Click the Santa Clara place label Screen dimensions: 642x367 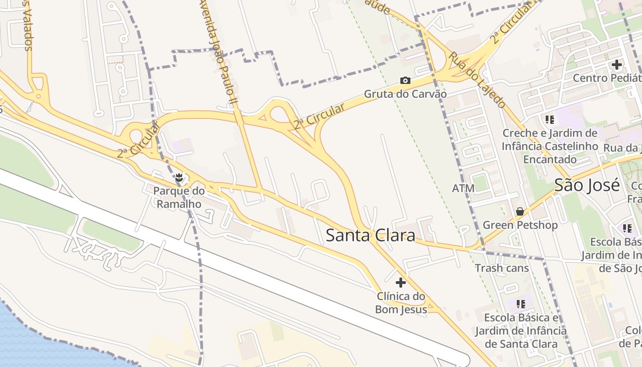[x=370, y=235]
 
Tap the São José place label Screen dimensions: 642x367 [x=587, y=185]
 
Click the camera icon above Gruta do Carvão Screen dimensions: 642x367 [x=405, y=81]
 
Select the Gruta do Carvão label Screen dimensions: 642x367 [x=405, y=94]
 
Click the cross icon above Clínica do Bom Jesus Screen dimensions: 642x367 [x=401, y=283]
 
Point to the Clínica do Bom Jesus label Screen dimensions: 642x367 [x=401, y=303]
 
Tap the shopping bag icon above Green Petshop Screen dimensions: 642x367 [x=520, y=211]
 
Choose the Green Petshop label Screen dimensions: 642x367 [x=520, y=225]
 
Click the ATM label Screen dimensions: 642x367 [x=463, y=189]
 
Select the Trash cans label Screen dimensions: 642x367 [x=502, y=268]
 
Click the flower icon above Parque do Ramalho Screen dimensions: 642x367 [x=179, y=177]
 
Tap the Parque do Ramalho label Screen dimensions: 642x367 [x=179, y=197]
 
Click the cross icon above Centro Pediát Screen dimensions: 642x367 [x=617, y=65]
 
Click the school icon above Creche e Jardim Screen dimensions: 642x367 [x=550, y=120]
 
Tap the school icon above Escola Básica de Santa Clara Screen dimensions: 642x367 [x=520, y=304]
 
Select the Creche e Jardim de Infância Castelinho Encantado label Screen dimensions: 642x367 [x=550, y=146]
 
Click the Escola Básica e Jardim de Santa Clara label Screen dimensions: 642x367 [x=521, y=331]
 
